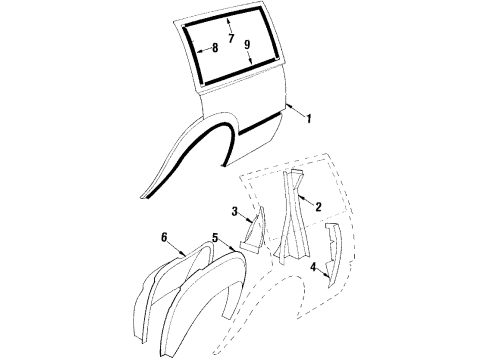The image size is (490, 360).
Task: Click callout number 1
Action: [310, 120]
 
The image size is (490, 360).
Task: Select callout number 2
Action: [318, 207]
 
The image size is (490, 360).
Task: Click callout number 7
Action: [232, 39]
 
